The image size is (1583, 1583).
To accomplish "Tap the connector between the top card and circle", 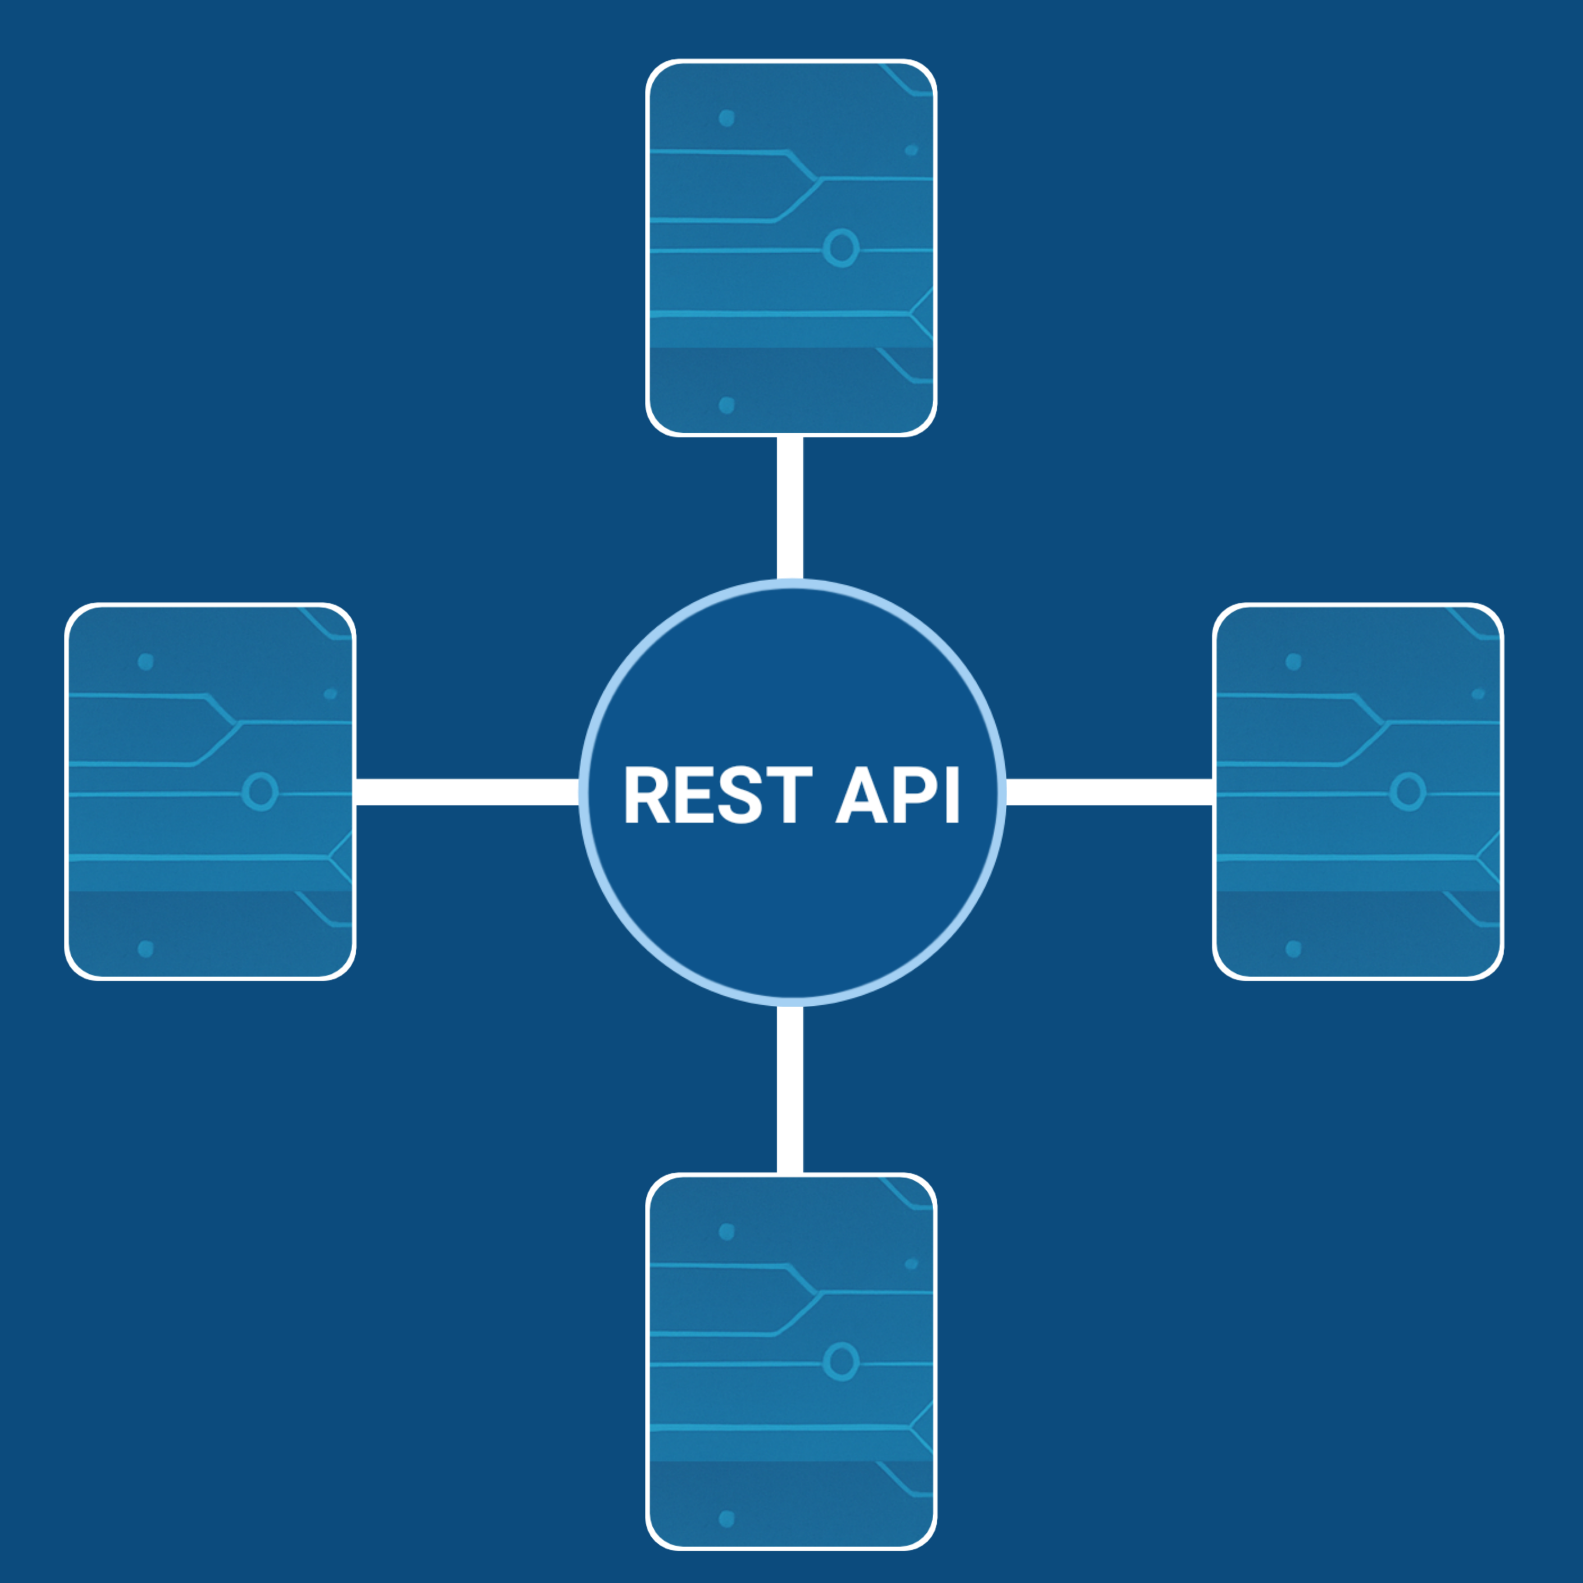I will [790, 508].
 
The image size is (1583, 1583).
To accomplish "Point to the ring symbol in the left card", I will [260, 791].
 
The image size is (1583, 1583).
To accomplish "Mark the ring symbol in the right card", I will [1408, 791].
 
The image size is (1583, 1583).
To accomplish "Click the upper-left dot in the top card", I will [726, 118].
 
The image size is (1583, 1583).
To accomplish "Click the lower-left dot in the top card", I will [726, 405].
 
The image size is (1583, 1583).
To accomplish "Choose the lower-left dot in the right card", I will [1293, 949].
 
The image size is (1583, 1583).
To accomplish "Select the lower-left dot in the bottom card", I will [726, 1519].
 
